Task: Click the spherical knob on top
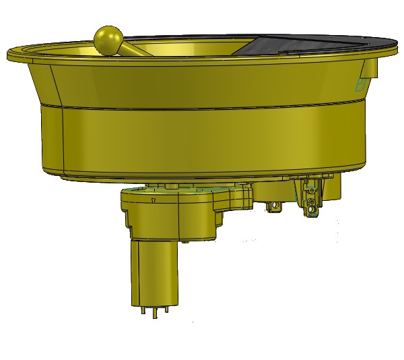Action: pos(108,40)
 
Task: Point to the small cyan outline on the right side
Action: pos(360,84)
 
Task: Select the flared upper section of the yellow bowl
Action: pos(202,81)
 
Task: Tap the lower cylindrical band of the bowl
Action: pos(202,142)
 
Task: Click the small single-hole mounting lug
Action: pos(274,206)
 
